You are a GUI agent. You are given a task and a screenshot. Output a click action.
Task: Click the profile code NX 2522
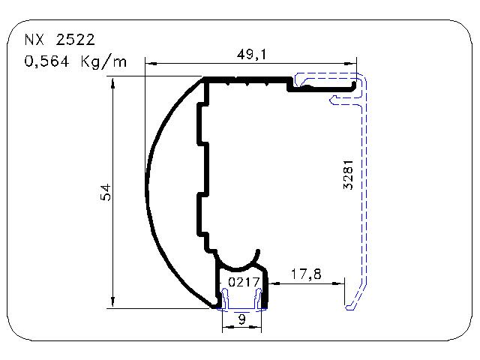[x=60, y=40]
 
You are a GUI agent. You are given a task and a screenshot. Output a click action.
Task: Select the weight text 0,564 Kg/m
[x=75, y=61]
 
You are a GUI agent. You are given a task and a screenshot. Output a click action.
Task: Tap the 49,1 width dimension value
[x=252, y=55]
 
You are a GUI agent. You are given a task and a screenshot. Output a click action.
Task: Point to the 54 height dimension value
[x=106, y=192]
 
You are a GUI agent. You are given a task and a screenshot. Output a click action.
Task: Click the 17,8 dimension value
[x=306, y=274]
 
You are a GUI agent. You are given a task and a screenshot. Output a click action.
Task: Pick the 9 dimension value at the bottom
[x=241, y=319]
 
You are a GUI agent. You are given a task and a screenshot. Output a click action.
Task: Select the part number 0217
[x=244, y=282]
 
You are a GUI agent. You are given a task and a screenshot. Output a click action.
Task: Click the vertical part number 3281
[x=348, y=175]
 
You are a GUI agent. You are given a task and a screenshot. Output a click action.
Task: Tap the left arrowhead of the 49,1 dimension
[x=151, y=64]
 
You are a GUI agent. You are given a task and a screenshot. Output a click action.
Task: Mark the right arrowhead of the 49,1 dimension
[x=350, y=64]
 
